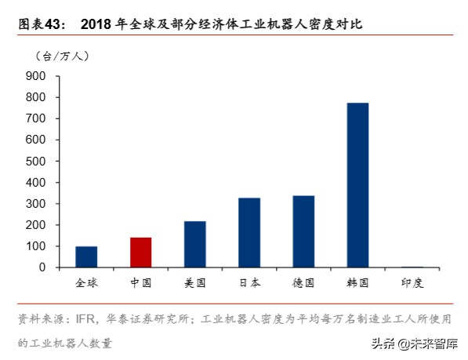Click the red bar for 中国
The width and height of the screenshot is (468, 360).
pyautogui.click(x=140, y=252)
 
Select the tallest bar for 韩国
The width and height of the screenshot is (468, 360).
pyautogui.click(x=357, y=185)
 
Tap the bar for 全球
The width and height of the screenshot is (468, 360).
pyautogui.click(x=86, y=256)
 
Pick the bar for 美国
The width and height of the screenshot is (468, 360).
pyautogui.click(x=194, y=244)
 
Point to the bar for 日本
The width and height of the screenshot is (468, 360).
pyautogui.click(x=249, y=232)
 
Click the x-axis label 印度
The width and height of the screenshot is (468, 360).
pyautogui.click(x=412, y=282)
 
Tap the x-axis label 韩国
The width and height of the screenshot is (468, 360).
pyautogui.click(x=357, y=282)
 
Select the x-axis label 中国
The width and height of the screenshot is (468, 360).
pyautogui.click(x=140, y=282)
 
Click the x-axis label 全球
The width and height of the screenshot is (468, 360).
pyautogui.click(x=86, y=282)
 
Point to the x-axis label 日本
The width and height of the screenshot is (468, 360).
pyautogui.click(x=249, y=282)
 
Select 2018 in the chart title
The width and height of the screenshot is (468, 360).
pyautogui.click(x=96, y=24)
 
